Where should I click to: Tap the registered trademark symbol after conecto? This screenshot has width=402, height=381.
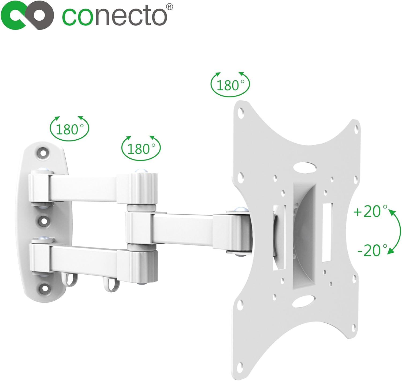pyautogui.click(x=170, y=6)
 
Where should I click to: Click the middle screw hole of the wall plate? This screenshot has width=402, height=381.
pyautogui.click(x=43, y=221)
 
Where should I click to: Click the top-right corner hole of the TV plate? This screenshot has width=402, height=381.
pyautogui.click(x=356, y=129)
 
